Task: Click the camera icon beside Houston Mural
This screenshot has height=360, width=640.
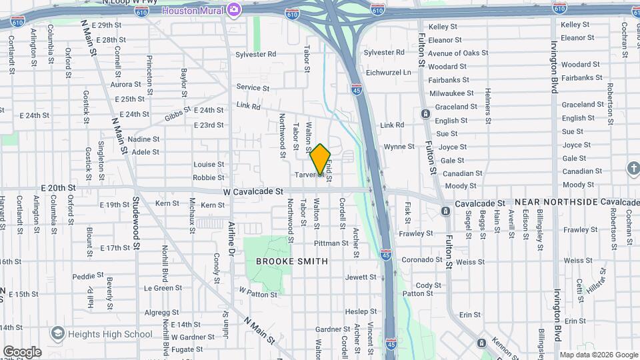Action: click(234, 9)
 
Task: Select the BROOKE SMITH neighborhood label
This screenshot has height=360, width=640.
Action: click(292, 261)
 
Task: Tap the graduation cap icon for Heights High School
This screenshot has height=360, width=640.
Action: click(59, 333)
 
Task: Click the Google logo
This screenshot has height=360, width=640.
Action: click(21, 352)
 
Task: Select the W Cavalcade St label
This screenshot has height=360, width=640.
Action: click(253, 191)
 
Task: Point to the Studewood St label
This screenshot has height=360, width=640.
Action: click(137, 222)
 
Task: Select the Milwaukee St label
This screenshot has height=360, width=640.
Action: click(451, 93)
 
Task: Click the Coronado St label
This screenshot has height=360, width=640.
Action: click(418, 260)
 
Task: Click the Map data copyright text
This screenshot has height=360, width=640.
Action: click(598, 355)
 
